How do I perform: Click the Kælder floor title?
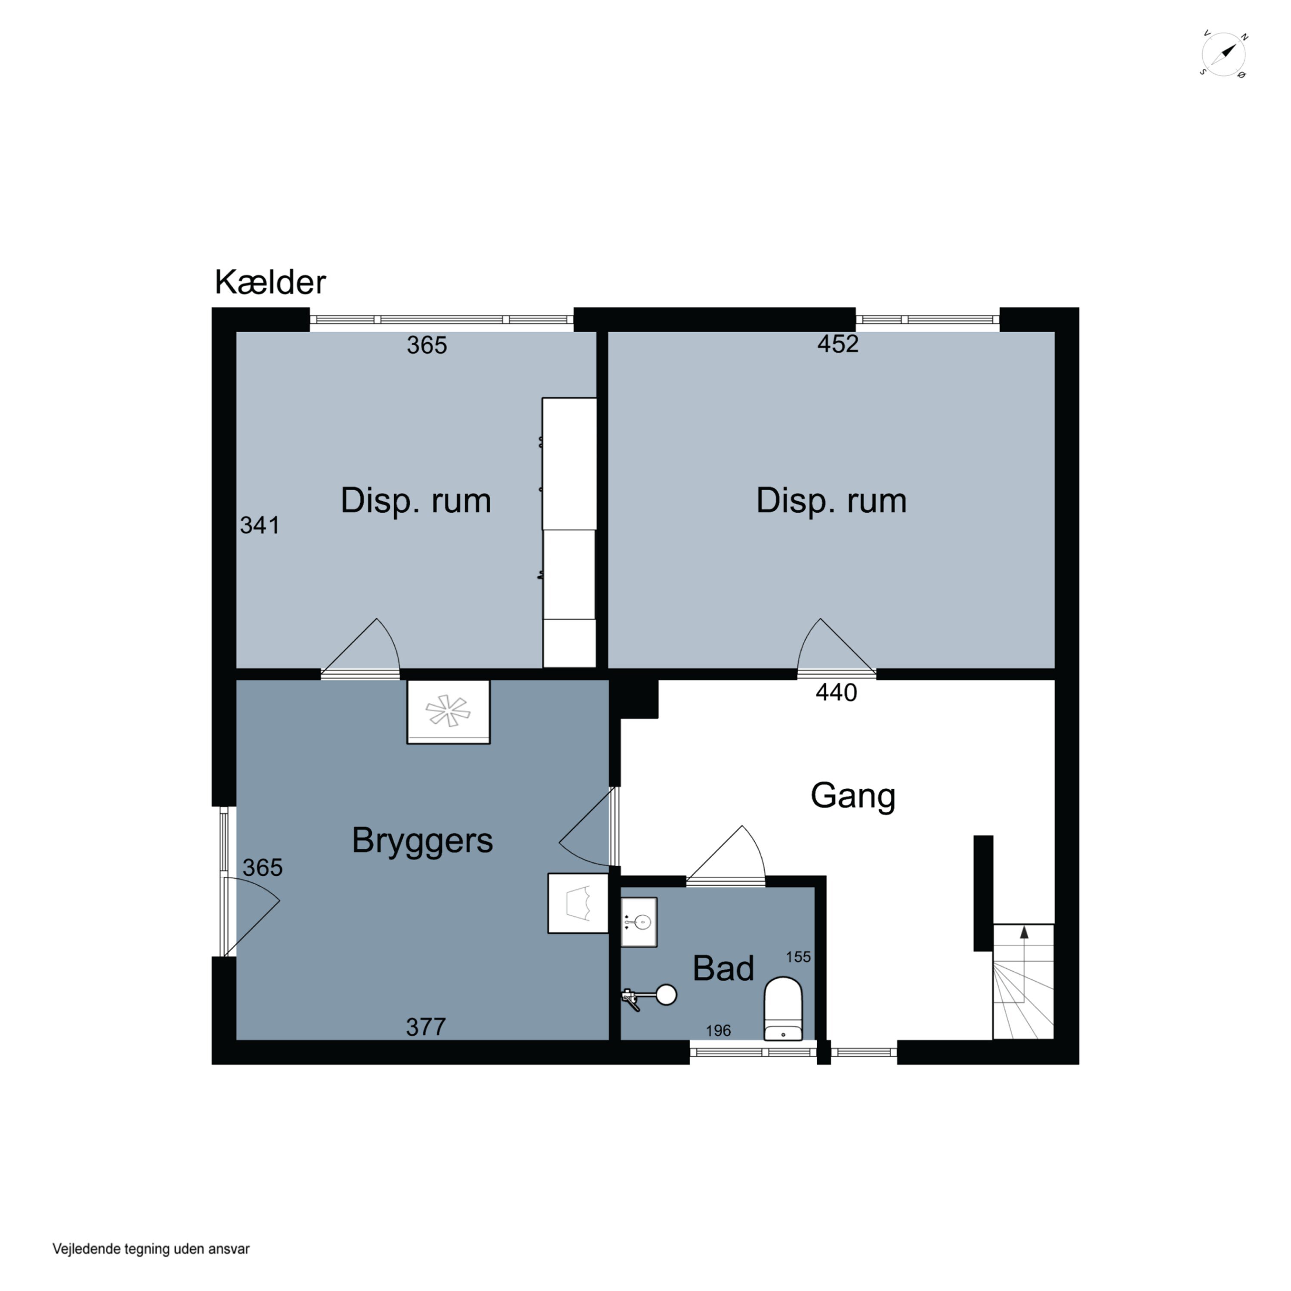pyautogui.click(x=270, y=283)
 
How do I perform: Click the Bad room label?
pyautogui.click(x=723, y=968)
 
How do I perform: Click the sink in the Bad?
pyautogui.click(x=639, y=922)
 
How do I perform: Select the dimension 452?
pyautogui.click(x=837, y=343)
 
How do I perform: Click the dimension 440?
pyautogui.click(x=836, y=692)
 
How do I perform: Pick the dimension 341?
pyautogui.click(x=260, y=525)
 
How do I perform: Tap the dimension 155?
pyautogui.click(x=798, y=957)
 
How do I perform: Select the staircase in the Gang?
pyautogui.click(x=1023, y=982)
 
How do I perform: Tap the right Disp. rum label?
pyautogui.click(x=831, y=501)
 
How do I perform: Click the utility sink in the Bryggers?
pyautogui.click(x=578, y=903)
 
